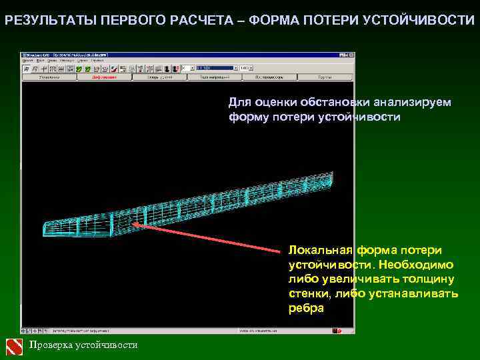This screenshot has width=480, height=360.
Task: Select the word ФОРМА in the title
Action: (273, 20)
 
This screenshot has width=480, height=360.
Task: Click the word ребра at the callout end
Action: (306, 308)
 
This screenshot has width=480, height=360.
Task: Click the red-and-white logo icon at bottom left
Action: (14, 345)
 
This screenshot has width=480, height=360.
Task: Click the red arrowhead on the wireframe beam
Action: (136, 225)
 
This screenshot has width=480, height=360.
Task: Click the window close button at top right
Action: (351, 54)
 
